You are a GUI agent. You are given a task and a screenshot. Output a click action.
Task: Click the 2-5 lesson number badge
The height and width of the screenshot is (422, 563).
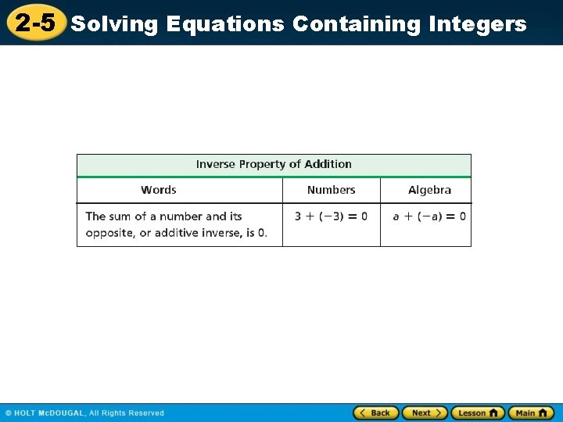[x=35, y=23]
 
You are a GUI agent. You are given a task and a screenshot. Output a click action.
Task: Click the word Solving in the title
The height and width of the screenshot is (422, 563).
[x=115, y=24]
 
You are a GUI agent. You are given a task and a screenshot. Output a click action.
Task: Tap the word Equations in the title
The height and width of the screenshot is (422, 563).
[x=225, y=24]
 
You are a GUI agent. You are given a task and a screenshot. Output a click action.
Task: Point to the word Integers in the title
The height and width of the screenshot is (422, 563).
[x=478, y=24]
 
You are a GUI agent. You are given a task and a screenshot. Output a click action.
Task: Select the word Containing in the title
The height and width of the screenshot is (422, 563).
[x=357, y=24]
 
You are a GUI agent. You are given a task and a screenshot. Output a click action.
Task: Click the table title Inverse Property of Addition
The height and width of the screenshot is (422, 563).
[x=274, y=164]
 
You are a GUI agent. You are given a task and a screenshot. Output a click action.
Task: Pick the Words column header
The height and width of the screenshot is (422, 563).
[x=159, y=190]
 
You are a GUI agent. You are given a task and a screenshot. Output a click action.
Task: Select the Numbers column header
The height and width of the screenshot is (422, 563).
[x=331, y=190]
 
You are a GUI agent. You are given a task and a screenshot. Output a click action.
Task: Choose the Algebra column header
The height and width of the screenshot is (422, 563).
[x=429, y=190]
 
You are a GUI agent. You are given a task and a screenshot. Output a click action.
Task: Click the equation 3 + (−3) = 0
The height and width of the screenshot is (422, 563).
[x=331, y=216]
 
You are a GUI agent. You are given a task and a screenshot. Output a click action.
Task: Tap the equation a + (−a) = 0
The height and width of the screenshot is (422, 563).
[x=429, y=216]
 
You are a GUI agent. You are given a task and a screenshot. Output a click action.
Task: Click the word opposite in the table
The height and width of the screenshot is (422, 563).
[x=109, y=233]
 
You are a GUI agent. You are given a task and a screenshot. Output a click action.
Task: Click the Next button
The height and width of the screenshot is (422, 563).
[x=425, y=413]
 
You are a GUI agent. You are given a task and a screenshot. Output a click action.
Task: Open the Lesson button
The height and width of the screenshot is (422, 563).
[x=477, y=413]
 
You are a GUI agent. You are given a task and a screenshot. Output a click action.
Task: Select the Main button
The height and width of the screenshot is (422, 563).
[x=531, y=413]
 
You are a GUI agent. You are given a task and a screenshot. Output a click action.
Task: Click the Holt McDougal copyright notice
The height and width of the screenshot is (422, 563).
[x=84, y=413]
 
